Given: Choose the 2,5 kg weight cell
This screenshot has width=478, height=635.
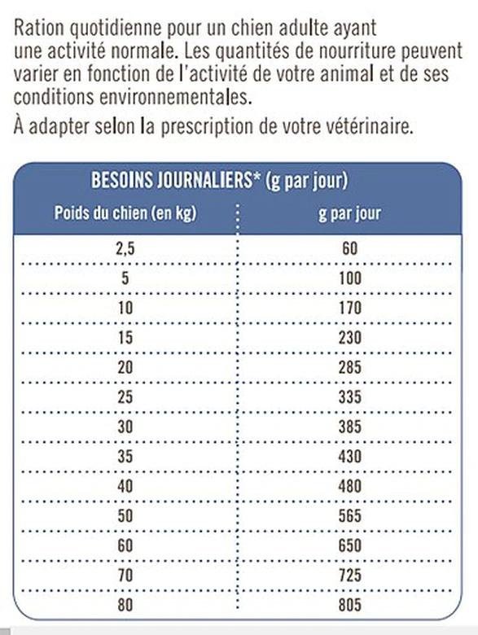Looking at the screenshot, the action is (x=125, y=249).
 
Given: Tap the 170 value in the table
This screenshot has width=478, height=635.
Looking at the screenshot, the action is (x=349, y=309).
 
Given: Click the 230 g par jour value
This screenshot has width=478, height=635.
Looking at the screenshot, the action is (x=349, y=339).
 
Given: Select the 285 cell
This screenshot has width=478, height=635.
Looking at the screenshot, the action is (x=349, y=368).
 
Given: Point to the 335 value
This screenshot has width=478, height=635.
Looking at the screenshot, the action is (x=349, y=396).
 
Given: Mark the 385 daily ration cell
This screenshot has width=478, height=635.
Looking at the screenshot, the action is (x=349, y=427).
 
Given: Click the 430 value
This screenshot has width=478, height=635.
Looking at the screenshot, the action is (x=349, y=456).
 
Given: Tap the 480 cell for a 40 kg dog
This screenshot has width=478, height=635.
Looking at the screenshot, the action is (x=349, y=486).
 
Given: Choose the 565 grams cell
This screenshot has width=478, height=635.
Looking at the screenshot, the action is (x=349, y=516).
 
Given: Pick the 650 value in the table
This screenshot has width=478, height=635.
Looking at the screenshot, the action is (x=349, y=546).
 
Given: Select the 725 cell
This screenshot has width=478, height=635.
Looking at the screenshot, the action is (x=349, y=575).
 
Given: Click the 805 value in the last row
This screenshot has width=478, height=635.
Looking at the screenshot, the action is (x=349, y=605).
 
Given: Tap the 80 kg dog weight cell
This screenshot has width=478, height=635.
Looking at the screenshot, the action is (x=125, y=605).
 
